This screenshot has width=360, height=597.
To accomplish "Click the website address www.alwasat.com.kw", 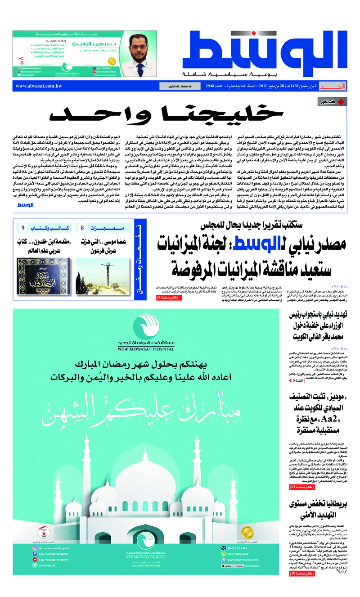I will (39, 86).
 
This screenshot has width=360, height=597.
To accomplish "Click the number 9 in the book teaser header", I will (22, 228).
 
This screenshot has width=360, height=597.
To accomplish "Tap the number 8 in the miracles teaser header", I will (82, 228).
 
